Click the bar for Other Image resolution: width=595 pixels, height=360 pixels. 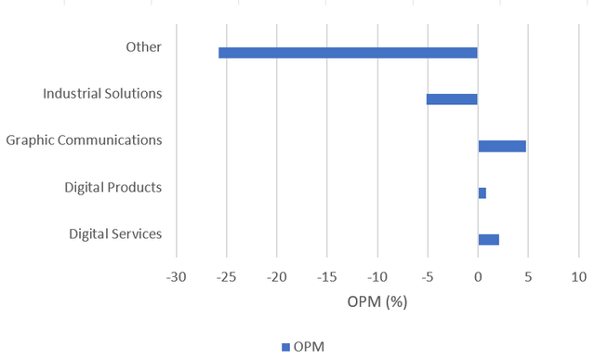[x=348, y=53]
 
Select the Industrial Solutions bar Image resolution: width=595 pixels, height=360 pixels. [x=452, y=100]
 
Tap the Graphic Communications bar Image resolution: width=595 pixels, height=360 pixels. [x=502, y=146]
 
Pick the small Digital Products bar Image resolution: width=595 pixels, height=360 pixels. [x=482, y=193]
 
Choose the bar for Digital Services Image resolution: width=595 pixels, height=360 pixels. [x=488, y=239]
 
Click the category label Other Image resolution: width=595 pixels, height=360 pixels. [x=144, y=47]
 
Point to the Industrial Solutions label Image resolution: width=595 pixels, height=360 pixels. [x=102, y=93]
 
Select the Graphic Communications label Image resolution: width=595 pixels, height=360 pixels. [x=84, y=140]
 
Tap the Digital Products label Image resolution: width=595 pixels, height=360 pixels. [x=113, y=187]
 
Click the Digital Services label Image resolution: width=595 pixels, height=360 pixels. [x=115, y=233]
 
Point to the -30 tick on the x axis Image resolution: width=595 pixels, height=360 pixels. [x=176, y=278]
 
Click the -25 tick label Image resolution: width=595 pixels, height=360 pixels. [x=226, y=278]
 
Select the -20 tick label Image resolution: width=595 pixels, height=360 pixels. [x=276, y=278]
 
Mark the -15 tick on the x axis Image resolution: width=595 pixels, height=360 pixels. [x=326, y=278]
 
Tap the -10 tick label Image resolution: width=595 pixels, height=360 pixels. [x=377, y=278]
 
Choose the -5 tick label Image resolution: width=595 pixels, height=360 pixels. [x=427, y=278]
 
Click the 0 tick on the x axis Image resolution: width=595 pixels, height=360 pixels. [x=478, y=278]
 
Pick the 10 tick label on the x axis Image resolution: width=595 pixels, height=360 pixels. [x=578, y=278]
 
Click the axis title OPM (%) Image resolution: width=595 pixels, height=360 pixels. [x=377, y=302]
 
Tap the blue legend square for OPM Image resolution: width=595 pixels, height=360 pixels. [x=285, y=347]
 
